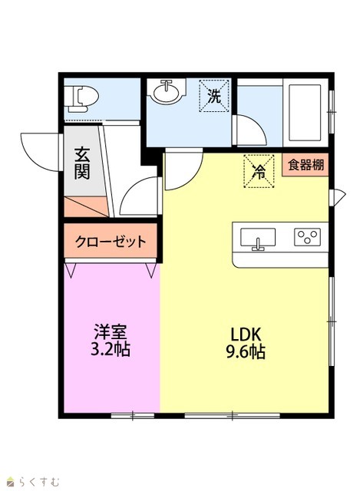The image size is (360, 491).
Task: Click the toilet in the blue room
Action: click(83, 99)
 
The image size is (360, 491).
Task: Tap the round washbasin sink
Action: click(166, 91)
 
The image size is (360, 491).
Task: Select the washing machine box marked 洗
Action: click(214, 95)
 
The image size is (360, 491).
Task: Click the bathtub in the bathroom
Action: click(305, 113)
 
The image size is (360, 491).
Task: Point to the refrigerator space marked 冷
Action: click(259, 171)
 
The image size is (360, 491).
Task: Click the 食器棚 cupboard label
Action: click(306, 165)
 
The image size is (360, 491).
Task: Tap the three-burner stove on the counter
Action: click(307, 237)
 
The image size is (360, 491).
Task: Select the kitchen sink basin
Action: click(258, 237)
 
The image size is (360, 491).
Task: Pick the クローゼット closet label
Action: click(111, 242)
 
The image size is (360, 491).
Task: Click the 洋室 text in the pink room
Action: click(111, 332)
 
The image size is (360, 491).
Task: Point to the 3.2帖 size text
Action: click(111, 349)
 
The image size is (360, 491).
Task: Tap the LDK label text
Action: click(246, 334)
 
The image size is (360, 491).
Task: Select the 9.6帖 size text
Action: click(246, 351)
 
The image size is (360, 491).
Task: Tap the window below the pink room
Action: click(133, 416)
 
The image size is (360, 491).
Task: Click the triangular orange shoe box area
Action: click(85, 206)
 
